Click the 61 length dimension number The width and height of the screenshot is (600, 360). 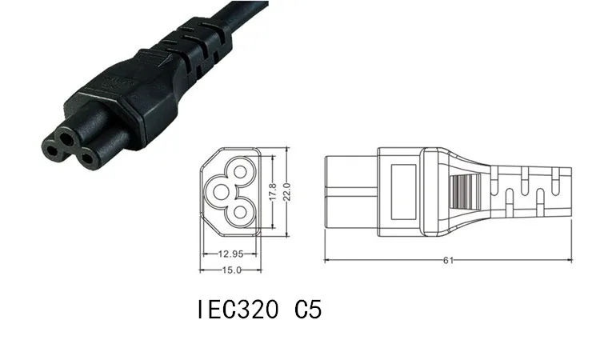450,259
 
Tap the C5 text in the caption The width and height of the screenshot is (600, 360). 307,310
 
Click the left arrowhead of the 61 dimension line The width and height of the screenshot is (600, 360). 327,259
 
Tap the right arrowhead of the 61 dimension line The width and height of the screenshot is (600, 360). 573,259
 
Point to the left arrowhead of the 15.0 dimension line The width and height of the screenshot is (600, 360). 199,269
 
